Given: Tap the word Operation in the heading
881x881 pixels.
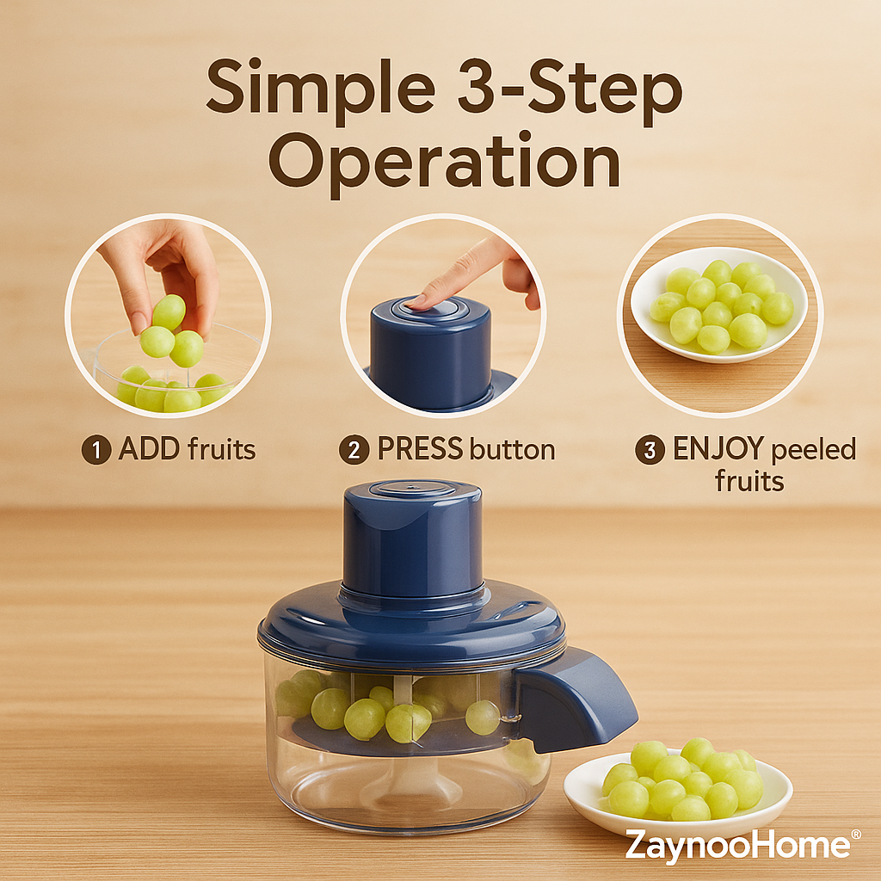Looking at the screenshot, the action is point(445,163).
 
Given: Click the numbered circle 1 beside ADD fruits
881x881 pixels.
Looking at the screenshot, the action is point(96,450).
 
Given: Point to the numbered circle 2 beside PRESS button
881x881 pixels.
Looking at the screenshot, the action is point(354,450).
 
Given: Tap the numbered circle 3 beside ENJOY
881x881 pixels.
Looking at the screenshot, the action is point(650,449).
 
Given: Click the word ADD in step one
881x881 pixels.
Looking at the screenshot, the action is point(149,449).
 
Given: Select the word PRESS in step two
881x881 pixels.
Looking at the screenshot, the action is point(420,449).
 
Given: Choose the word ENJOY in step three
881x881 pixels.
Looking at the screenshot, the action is point(718,449).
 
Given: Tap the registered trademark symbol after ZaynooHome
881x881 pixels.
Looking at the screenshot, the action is point(856,835).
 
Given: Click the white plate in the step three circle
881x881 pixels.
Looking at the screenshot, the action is point(718,305).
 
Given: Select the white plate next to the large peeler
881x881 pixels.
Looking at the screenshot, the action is point(678,792).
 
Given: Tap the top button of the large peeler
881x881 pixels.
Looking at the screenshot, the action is point(412,488).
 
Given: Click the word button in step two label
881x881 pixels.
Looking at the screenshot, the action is point(513,449).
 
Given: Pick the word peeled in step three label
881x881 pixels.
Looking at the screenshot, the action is point(814,450).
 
